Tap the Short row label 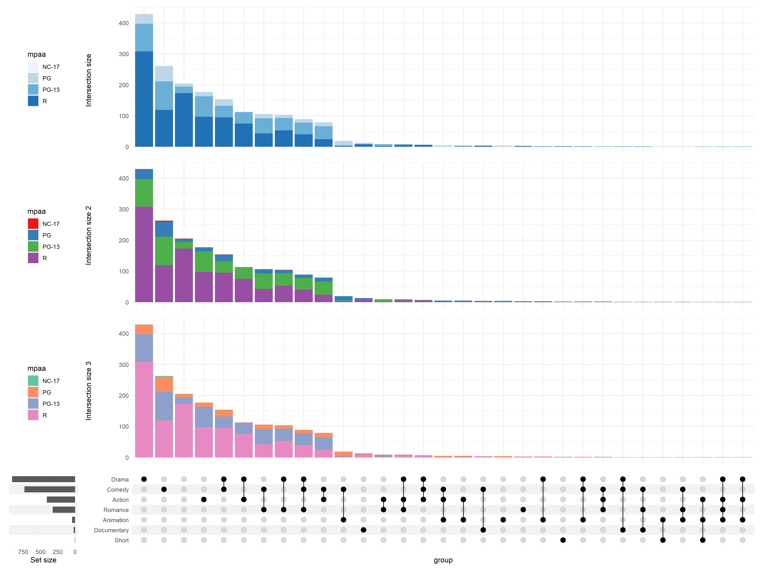122,540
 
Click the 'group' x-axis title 443,560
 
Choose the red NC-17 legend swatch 33,224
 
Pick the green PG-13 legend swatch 33,246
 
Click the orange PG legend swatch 33,392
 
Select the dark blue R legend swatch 33,101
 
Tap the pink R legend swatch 33,415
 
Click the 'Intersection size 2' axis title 89,235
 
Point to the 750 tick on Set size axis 23,552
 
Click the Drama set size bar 43,479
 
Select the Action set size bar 61,499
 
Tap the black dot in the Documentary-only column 363,530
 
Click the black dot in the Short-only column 563,540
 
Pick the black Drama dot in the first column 144,479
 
